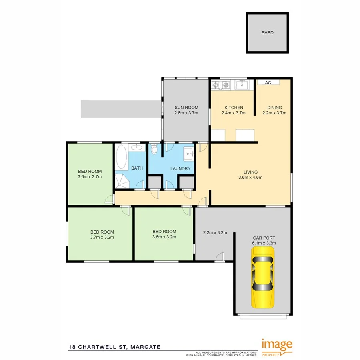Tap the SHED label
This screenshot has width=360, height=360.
268,33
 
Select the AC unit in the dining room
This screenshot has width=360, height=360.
268,82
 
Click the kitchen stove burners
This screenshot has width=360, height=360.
221,85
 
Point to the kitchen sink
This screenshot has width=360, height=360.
242,85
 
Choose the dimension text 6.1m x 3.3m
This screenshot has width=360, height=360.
264,243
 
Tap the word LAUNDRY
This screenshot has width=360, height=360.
180,168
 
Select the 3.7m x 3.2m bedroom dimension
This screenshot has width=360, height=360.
102,237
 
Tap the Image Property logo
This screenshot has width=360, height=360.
277,346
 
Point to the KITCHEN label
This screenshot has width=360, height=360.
234,107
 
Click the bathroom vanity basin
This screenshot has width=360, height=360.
137,148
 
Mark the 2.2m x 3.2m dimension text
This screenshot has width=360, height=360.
215,232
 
